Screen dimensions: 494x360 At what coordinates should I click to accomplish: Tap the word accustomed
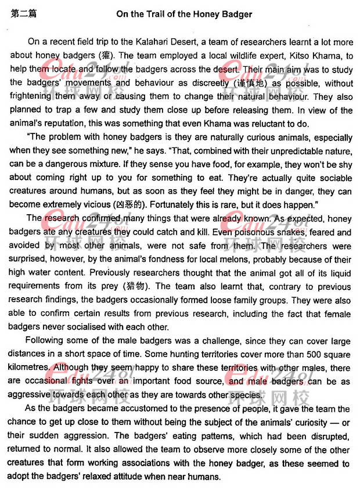pos(115,409)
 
